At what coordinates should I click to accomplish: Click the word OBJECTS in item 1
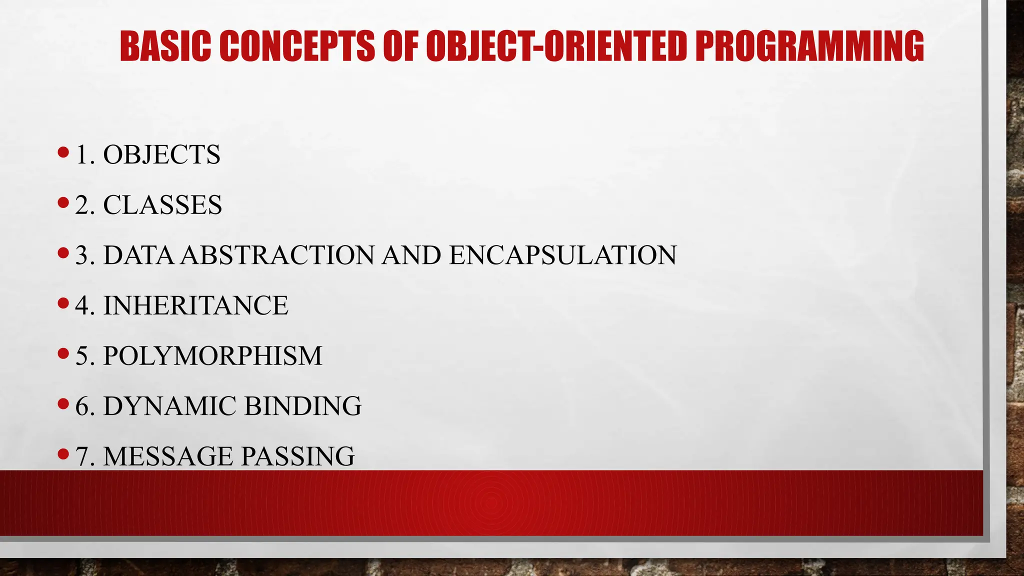161,154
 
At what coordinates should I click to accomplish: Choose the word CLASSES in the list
162,205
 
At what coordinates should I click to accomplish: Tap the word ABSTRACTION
277,255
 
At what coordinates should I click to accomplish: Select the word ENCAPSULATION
562,255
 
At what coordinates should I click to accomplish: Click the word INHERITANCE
195,305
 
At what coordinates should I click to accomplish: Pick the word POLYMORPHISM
212,356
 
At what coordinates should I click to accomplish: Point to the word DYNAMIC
169,406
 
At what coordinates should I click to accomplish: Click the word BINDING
302,406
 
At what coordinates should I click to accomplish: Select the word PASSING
297,456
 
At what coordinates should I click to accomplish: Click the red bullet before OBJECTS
63,152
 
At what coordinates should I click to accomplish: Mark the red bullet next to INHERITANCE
63,303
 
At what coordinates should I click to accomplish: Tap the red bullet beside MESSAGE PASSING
63,454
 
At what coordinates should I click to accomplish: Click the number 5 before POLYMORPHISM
81,356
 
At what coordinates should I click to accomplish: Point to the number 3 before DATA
81,255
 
